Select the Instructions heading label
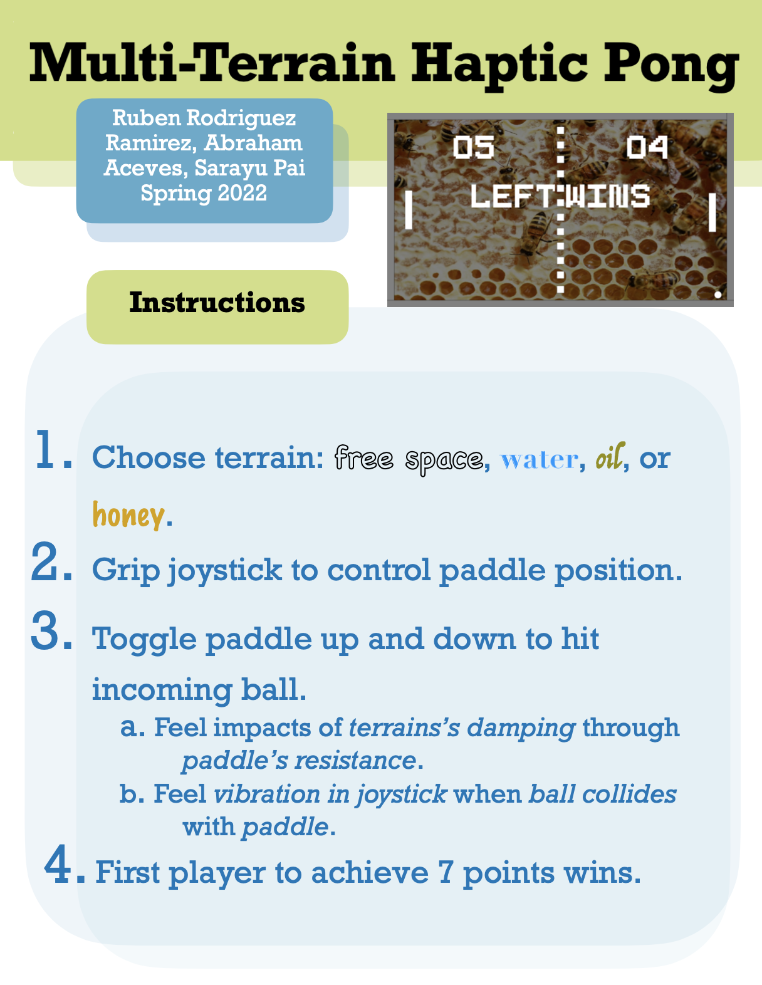pyautogui.click(x=217, y=303)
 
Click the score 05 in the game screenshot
pyautogui.click(x=473, y=147)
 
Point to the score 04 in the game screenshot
pyautogui.click(x=647, y=147)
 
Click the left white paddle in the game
pyautogui.click(x=409, y=209)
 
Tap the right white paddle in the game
pyautogui.click(x=712, y=212)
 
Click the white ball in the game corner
pyautogui.click(x=718, y=294)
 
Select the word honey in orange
pyautogui.click(x=128, y=516)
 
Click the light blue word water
pyautogui.click(x=539, y=460)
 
